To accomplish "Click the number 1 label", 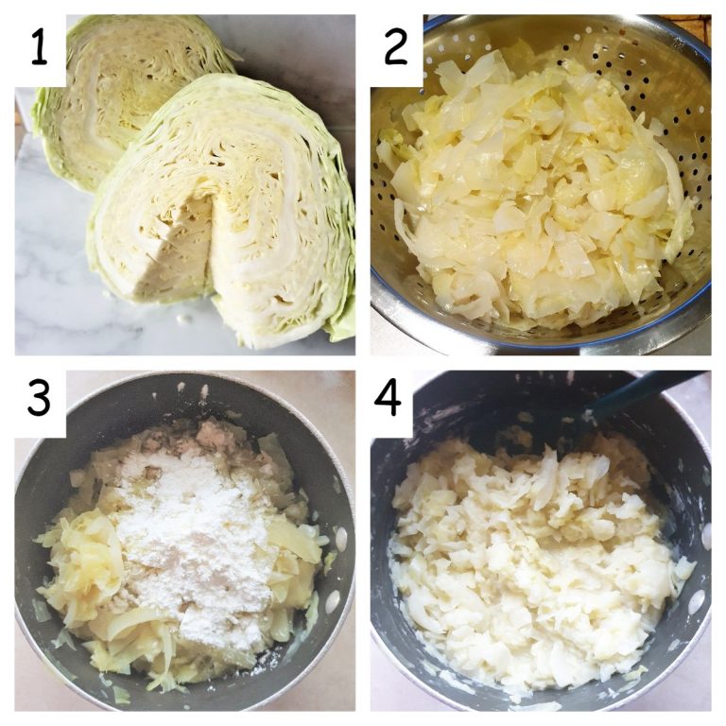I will pos(39,48).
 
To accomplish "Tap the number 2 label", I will pos(396,48).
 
